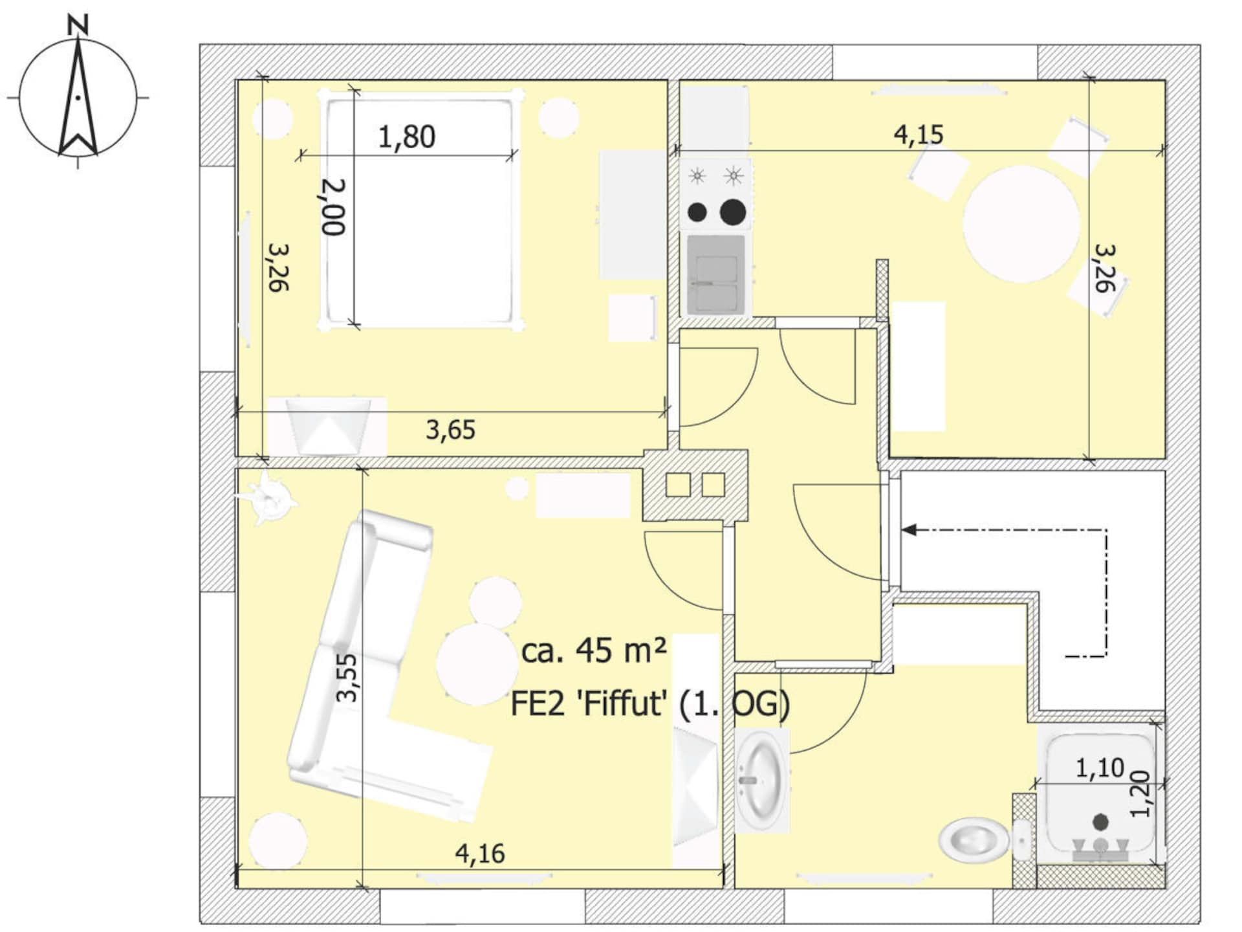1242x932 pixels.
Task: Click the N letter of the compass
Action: [x=78, y=25]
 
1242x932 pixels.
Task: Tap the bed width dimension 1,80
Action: [x=406, y=137]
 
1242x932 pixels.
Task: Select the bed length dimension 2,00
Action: [x=334, y=207]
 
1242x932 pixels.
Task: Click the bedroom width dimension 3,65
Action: [x=450, y=430]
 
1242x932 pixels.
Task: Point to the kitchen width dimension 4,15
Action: [x=919, y=135]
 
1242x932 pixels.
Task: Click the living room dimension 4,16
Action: [x=480, y=854]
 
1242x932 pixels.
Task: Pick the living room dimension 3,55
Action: [x=347, y=678]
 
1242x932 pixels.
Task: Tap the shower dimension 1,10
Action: [x=1100, y=768]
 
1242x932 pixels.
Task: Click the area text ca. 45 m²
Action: [x=594, y=650]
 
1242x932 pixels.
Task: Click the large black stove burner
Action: [x=733, y=212]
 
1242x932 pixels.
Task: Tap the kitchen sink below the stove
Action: [x=716, y=274]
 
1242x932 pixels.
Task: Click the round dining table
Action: [x=1021, y=224]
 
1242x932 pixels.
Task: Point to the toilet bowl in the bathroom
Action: [x=974, y=840]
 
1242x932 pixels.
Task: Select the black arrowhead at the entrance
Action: [x=910, y=530]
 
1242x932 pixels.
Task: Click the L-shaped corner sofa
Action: [x=369, y=680]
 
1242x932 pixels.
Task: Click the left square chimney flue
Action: [x=678, y=485]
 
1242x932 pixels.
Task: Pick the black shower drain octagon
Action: [x=1100, y=822]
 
